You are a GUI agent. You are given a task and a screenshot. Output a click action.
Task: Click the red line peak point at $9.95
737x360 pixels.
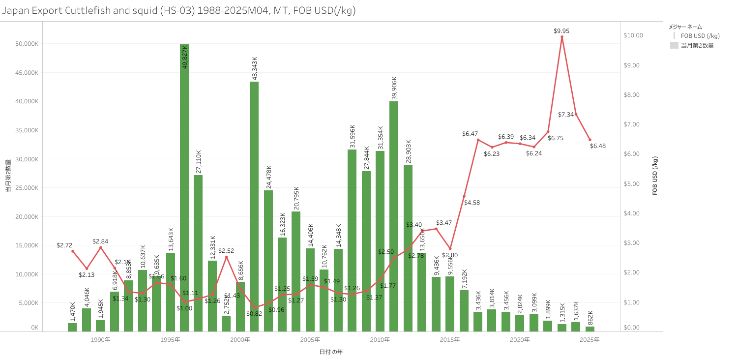pyautogui.click(x=561, y=37)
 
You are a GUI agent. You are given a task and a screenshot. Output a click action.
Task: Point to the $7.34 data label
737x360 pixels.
pyautogui.click(x=566, y=115)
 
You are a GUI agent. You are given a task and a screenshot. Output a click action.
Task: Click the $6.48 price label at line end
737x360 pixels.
pyautogui.click(x=598, y=146)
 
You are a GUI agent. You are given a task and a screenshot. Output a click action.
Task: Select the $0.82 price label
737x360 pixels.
pyautogui.click(x=254, y=313)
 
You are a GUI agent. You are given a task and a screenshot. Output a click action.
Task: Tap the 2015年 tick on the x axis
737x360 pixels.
pyautogui.click(x=450, y=340)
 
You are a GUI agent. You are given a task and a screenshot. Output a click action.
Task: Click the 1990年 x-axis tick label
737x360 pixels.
pyautogui.click(x=100, y=340)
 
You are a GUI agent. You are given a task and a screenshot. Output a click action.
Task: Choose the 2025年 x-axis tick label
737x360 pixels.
pyautogui.click(x=590, y=340)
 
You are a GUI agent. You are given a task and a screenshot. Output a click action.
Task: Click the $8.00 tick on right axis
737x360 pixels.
pyautogui.click(x=633, y=95)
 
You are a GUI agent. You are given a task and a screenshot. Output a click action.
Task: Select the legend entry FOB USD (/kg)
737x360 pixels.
pyautogui.click(x=700, y=36)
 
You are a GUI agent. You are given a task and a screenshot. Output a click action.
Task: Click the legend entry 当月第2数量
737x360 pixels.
pyautogui.click(x=697, y=45)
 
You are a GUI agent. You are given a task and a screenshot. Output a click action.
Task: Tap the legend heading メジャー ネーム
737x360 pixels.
pyautogui.click(x=685, y=27)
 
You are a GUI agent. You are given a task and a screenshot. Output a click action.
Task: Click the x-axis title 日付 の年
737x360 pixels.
pyautogui.click(x=330, y=352)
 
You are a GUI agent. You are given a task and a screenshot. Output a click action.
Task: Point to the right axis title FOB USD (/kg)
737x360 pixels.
pyautogui.click(x=655, y=176)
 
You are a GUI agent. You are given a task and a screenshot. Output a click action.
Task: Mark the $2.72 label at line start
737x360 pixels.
pyautogui.click(x=64, y=245)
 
